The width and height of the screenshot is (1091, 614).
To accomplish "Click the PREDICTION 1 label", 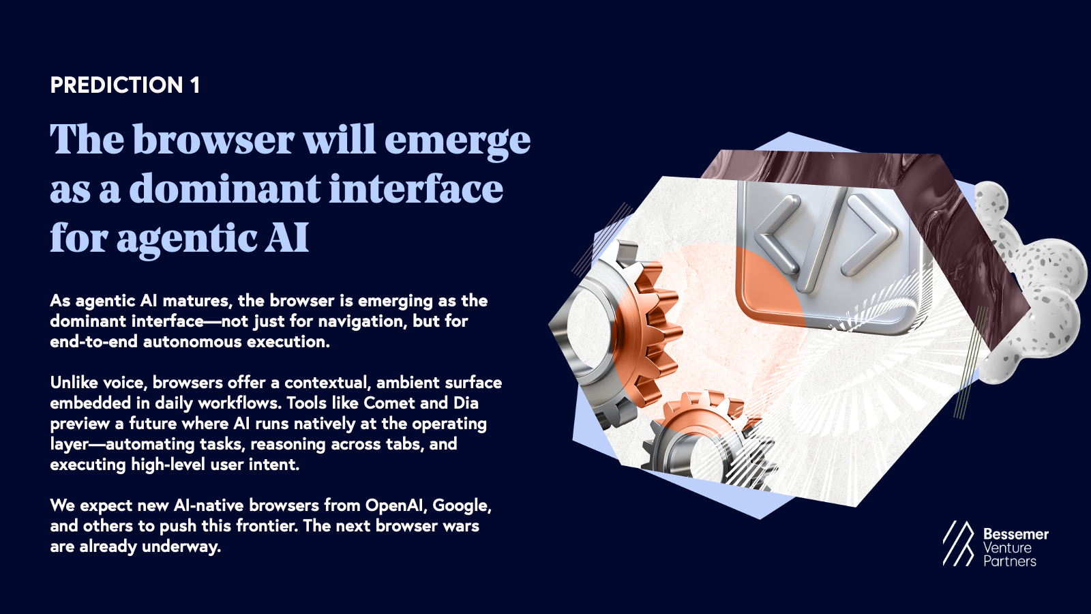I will [125, 85].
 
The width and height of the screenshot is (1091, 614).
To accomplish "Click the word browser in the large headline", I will [213, 140].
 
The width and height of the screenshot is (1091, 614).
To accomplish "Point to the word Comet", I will [389, 403].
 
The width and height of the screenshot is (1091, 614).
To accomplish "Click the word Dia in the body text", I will [466, 403].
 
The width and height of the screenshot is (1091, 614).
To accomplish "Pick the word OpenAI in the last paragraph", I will [396, 506].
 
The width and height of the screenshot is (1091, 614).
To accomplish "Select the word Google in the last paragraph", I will [461, 506].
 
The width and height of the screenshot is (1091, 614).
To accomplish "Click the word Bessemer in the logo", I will [1015, 534].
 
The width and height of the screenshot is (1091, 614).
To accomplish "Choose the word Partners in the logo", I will [1009, 561].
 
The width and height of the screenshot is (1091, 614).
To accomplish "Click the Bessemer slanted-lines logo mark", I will [958, 544].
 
